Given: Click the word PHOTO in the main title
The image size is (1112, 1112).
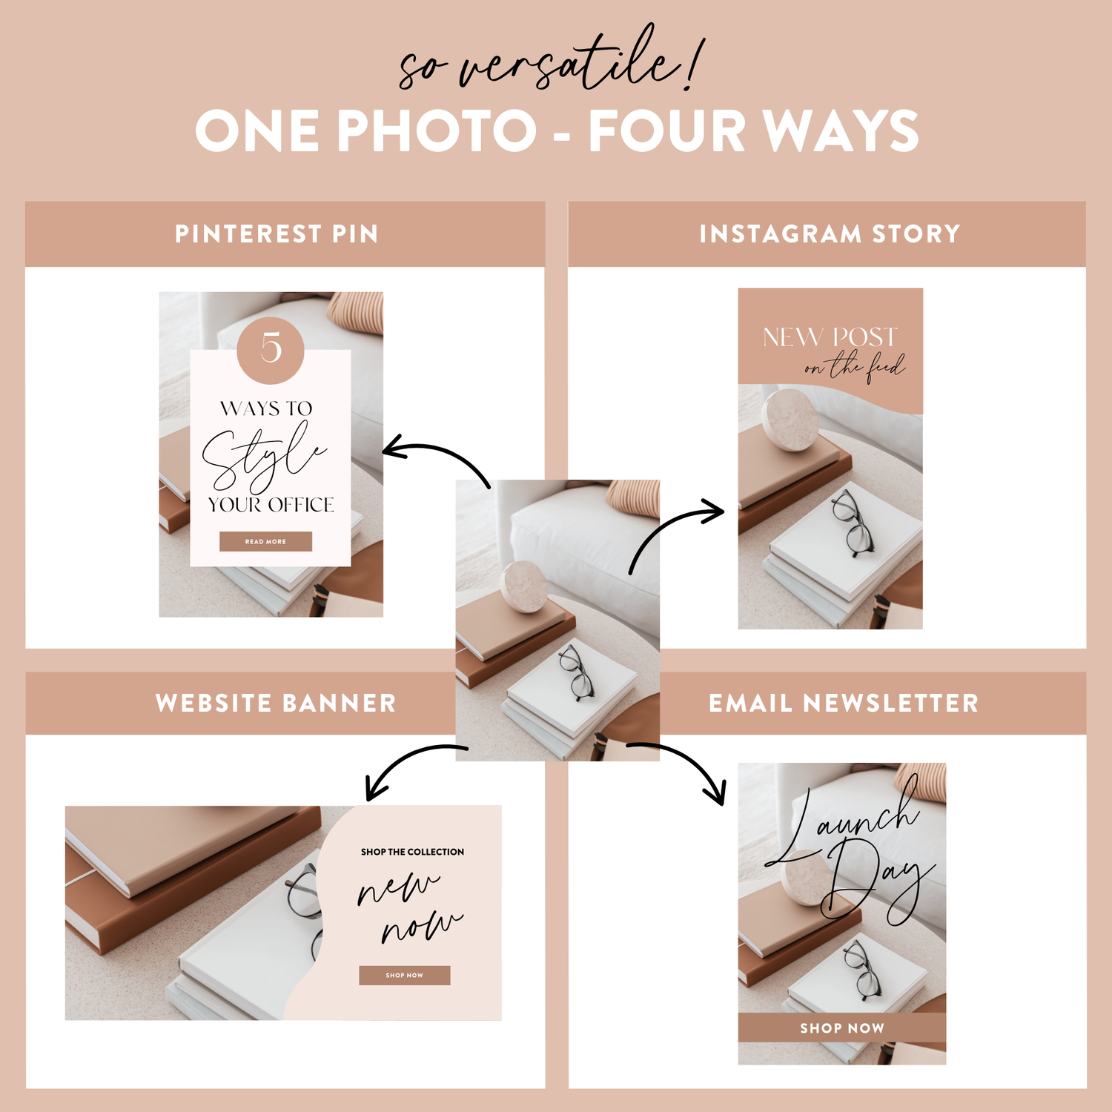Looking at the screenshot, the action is pyautogui.click(x=437, y=131).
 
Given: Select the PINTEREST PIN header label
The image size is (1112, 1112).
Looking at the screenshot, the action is pyautogui.click(x=277, y=234).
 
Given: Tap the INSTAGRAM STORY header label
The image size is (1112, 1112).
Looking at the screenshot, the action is pyautogui.click(x=830, y=234).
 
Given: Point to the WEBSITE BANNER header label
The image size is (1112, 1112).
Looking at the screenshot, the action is pyautogui.click(x=276, y=703).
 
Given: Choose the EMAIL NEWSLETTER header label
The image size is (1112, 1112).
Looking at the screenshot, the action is pyautogui.click(x=844, y=703).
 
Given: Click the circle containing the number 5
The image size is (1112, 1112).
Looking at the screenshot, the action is pyautogui.click(x=271, y=350).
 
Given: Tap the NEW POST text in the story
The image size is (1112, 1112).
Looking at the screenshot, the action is pyautogui.click(x=830, y=337).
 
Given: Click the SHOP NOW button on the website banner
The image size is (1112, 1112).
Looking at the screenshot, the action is pyautogui.click(x=405, y=976).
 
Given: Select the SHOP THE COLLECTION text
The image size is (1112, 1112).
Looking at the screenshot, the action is pyautogui.click(x=413, y=852).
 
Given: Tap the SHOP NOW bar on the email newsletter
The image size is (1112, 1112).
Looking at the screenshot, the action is pyautogui.click(x=842, y=1027).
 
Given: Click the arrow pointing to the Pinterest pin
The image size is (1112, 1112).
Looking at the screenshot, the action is pyautogui.click(x=437, y=454).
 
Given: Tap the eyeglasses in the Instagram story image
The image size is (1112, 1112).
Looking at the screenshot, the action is pyautogui.click(x=853, y=523).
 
